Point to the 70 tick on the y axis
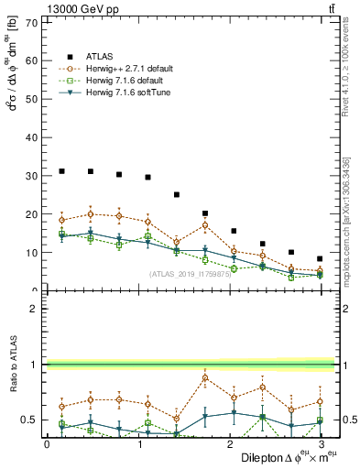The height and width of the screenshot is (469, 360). click(x=37, y=22)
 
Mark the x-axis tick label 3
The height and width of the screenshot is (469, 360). click(x=321, y=443)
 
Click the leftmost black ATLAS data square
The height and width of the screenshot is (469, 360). click(x=61, y=171)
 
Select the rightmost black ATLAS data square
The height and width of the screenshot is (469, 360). click(x=320, y=259)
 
